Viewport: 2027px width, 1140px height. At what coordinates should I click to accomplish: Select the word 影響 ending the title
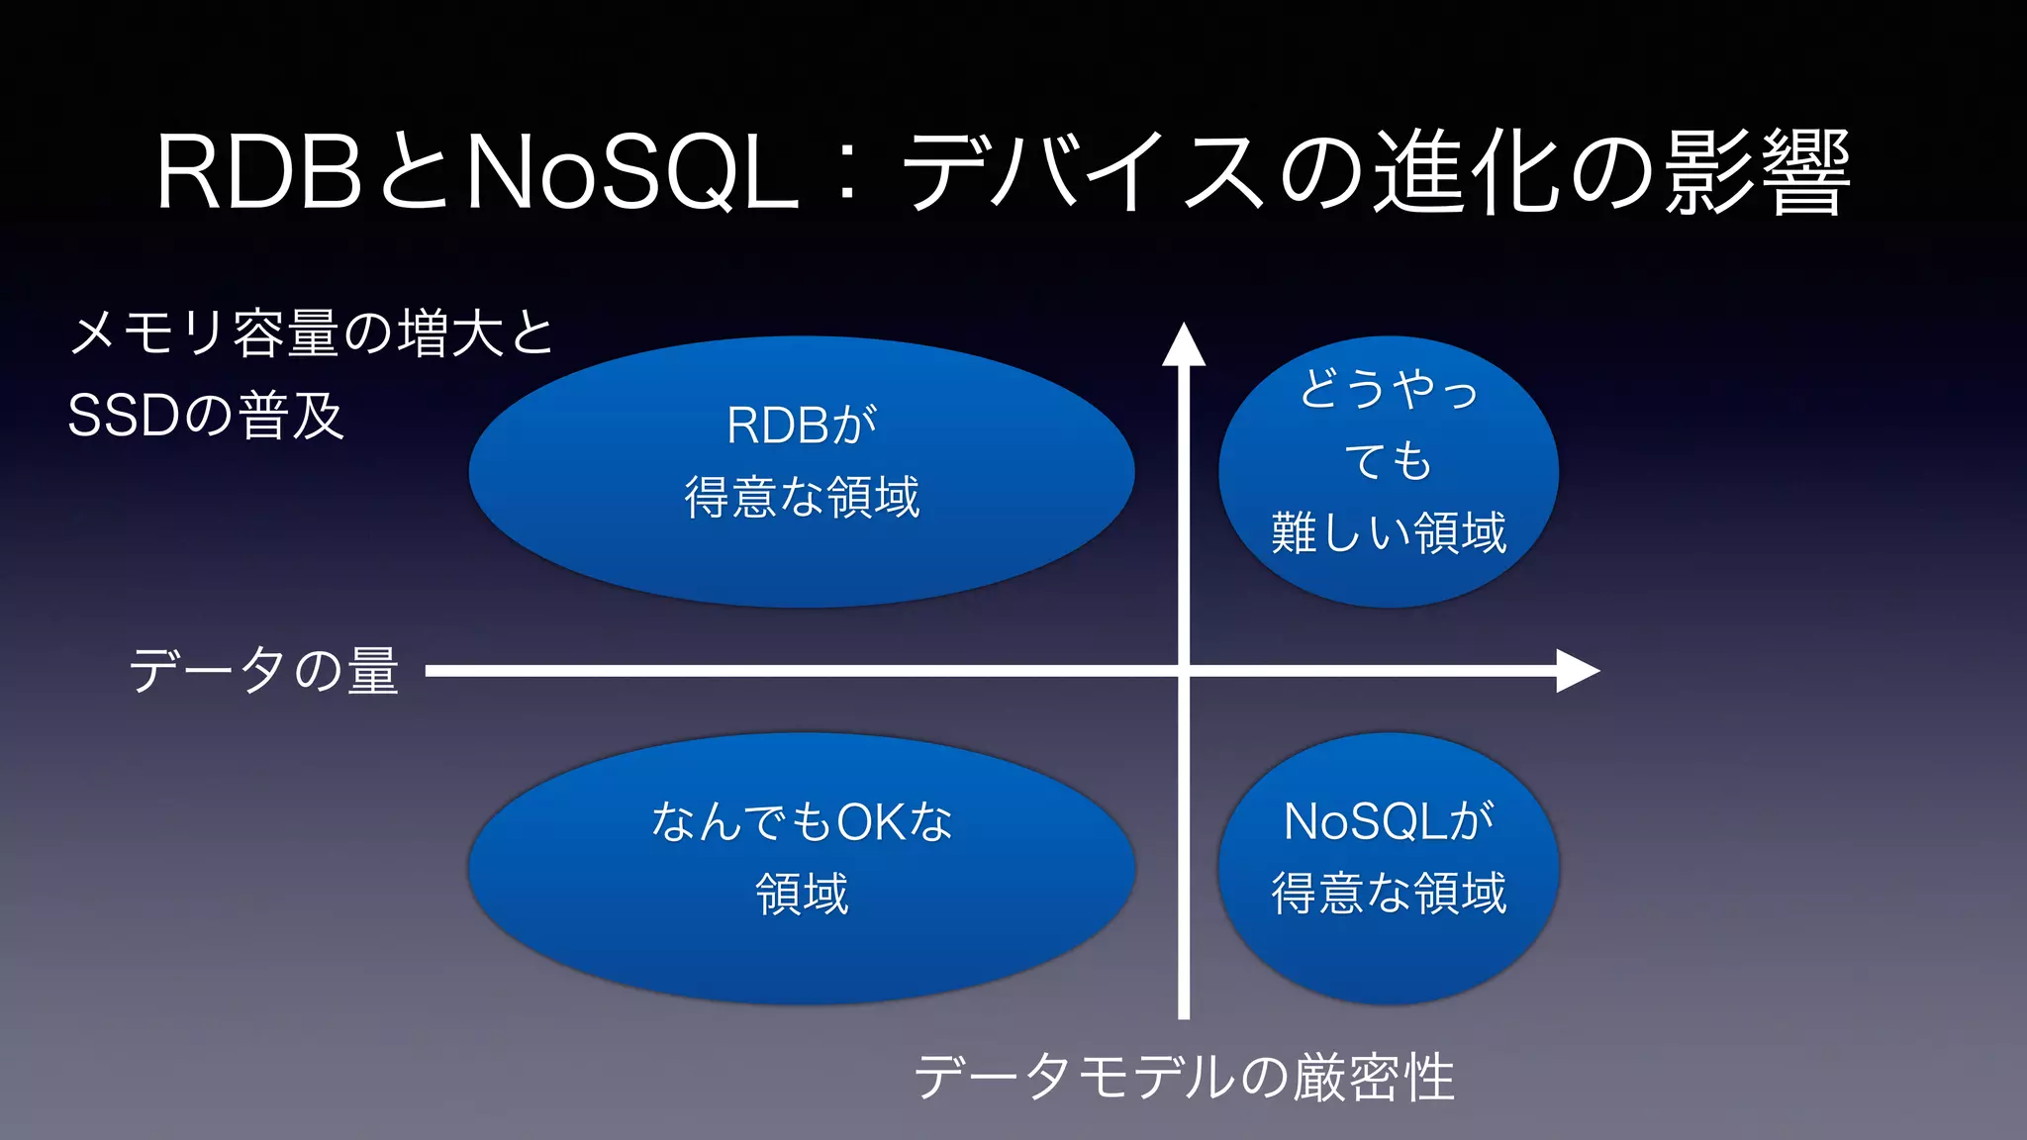[1757, 174]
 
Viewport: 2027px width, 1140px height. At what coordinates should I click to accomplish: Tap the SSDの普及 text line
[206, 416]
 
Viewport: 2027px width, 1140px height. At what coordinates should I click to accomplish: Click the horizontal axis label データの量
[264, 671]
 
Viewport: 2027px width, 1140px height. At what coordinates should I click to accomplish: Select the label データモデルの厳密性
[1184, 1077]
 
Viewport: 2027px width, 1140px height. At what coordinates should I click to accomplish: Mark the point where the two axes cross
[1184, 671]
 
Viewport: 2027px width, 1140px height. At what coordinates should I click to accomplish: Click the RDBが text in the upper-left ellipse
[802, 426]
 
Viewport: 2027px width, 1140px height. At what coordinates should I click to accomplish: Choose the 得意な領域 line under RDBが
[802, 497]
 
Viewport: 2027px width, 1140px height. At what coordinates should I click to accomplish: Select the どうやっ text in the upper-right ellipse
[1389, 388]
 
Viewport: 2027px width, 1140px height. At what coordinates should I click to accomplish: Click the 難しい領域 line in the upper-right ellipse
[1389, 533]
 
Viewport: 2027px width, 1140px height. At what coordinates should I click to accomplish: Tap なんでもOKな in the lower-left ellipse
[802, 821]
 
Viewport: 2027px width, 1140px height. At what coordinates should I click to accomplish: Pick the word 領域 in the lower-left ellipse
[802, 894]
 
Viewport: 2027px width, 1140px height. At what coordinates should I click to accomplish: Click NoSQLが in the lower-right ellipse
[1389, 821]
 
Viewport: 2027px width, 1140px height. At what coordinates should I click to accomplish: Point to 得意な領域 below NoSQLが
[1389, 894]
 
